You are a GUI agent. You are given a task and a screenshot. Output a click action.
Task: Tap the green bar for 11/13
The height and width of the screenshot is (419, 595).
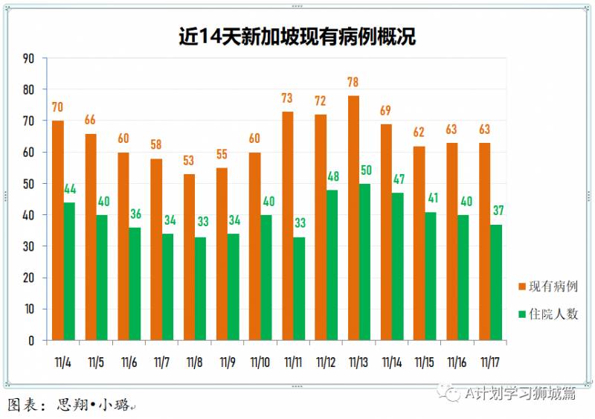(x=365, y=261)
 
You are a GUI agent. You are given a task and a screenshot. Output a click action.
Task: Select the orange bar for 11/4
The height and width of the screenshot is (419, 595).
(x=57, y=230)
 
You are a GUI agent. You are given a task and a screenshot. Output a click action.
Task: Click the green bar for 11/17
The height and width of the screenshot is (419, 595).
(x=496, y=282)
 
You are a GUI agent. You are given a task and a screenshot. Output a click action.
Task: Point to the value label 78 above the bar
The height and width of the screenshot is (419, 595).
(x=353, y=82)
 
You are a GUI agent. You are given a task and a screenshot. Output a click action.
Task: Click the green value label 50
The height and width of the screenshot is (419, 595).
(x=366, y=170)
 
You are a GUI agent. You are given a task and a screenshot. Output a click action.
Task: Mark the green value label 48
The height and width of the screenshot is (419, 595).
(x=332, y=177)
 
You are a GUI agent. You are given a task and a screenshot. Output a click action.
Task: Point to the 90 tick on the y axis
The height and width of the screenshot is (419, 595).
(x=29, y=58)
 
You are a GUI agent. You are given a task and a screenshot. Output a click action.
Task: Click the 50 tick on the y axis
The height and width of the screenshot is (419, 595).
(x=29, y=184)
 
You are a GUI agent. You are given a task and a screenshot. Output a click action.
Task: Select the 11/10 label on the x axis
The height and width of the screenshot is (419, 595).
(x=260, y=362)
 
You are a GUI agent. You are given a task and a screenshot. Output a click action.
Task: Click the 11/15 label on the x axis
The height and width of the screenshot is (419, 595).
(x=424, y=362)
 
